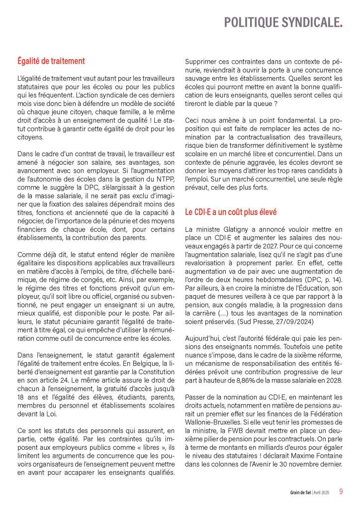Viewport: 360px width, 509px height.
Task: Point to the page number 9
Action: point(341,492)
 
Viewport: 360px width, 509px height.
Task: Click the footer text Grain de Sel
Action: point(301,493)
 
